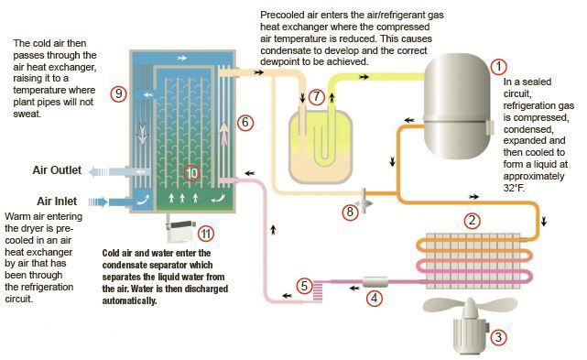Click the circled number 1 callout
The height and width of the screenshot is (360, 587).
point(498,67)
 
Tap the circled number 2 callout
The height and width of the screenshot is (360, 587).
point(472,220)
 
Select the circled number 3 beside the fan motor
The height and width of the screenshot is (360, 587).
point(498,337)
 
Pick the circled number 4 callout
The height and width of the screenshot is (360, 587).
point(374,299)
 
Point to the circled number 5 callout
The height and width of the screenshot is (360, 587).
point(304,286)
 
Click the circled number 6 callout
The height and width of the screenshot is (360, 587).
point(245,122)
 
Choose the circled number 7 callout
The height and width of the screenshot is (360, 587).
point(317,97)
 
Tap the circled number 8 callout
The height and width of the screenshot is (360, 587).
point(350,212)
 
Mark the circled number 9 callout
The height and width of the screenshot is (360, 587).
point(118,93)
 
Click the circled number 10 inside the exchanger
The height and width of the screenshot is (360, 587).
point(191,173)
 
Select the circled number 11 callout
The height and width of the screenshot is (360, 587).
point(205,234)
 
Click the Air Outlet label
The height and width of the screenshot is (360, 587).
point(57,170)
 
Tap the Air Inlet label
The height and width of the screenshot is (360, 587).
point(57,202)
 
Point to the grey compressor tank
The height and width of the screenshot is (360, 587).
point(458,106)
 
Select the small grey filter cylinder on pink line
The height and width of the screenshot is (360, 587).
point(375,281)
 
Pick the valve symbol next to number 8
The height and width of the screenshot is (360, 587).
point(364,201)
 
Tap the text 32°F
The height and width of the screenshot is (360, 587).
point(514,188)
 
